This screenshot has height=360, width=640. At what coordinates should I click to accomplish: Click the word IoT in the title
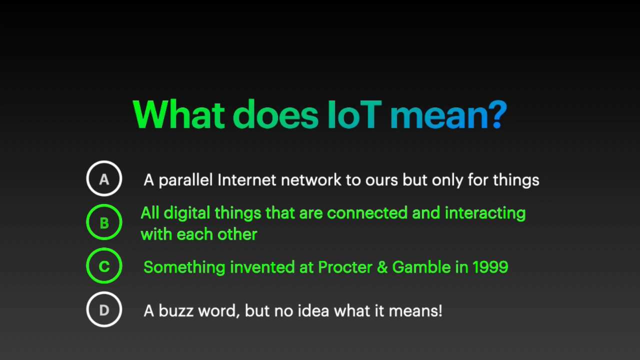354,115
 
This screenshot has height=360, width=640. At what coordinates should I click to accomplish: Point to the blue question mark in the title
497,114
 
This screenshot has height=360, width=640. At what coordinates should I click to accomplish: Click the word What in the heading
178,114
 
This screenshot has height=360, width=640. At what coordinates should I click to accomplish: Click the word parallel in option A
185,180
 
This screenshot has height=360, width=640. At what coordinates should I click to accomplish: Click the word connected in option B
367,213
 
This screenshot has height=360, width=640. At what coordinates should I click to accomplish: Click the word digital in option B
186,213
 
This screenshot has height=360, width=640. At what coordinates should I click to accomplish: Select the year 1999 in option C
490,267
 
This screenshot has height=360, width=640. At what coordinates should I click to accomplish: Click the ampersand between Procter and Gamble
382,267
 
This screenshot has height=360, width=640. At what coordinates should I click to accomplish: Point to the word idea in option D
313,310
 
